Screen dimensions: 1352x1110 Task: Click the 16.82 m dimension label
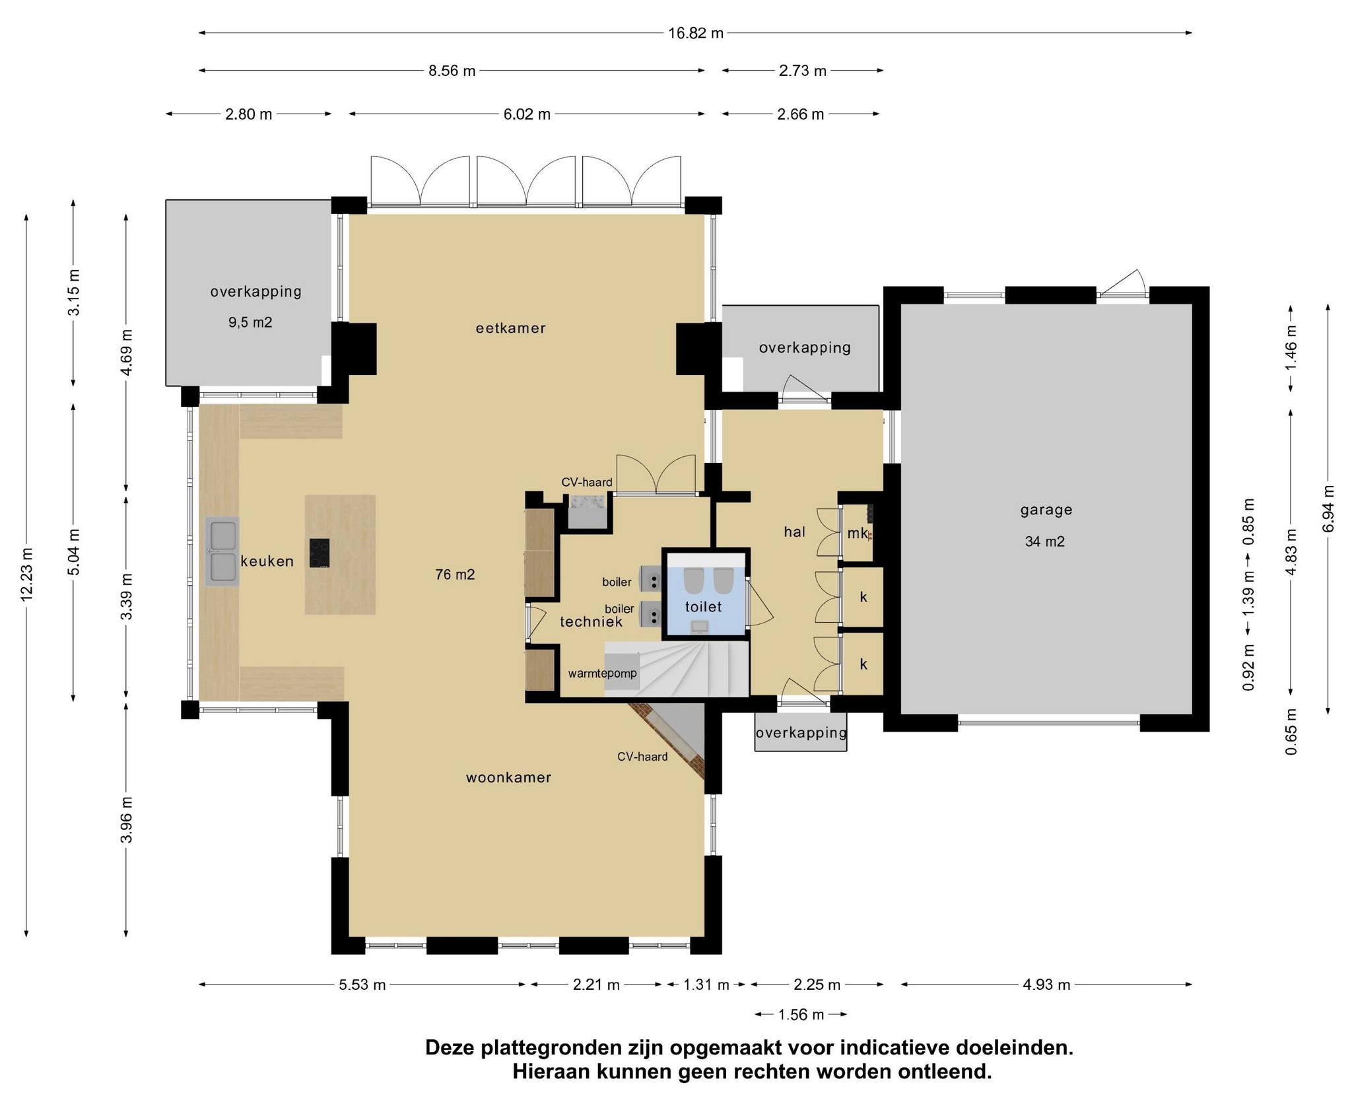[696, 33]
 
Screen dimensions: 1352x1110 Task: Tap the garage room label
[1046, 510]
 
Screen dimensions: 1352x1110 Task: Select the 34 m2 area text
[1045, 541]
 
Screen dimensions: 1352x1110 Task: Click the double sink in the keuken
[222, 552]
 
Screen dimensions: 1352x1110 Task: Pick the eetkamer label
[511, 328]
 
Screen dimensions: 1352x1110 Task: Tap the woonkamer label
[508, 777]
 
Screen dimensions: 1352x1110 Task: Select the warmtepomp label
[603, 674]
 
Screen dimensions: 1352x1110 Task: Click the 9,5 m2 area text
[250, 322]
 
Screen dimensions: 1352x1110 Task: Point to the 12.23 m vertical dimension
[27, 574]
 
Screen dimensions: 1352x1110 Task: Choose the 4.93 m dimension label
[1046, 985]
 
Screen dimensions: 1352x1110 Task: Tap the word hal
[795, 532]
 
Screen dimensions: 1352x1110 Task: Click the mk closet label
[858, 534]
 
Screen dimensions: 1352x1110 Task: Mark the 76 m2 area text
[455, 574]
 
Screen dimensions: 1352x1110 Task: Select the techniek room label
[591, 621]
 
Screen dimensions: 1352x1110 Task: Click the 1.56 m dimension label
[801, 1014]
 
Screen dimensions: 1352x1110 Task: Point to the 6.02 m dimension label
[527, 114]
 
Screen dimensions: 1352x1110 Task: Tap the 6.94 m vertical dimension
[1328, 508]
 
